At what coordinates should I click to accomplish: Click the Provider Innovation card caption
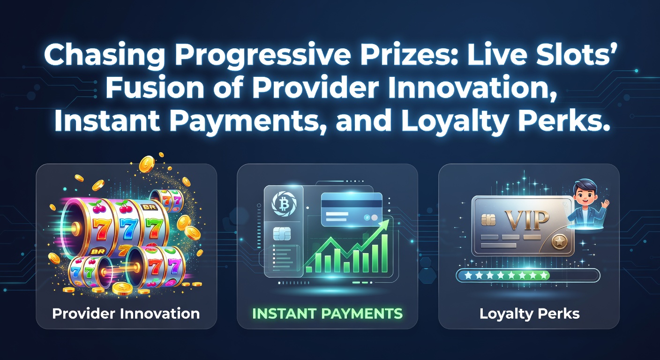coord(126,314)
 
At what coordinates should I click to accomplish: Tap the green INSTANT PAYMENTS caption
coord(327,314)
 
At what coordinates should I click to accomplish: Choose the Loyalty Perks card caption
coord(530,314)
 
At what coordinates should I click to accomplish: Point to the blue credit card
coord(352,210)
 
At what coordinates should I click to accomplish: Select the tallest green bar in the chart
coord(384,253)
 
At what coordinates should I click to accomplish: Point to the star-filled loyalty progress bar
coord(528,276)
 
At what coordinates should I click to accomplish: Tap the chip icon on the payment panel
coord(282,234)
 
